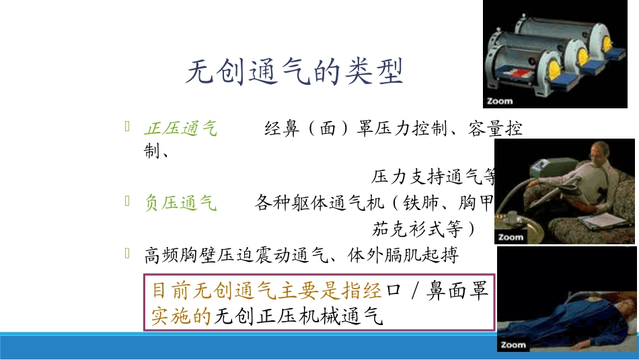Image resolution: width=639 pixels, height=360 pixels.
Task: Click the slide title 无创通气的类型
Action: coord(294,72)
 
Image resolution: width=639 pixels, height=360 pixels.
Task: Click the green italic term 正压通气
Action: coord(181,129)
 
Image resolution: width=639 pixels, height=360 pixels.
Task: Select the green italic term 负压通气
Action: coord(181,203)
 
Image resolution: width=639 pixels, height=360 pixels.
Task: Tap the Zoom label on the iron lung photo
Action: coord(500,102)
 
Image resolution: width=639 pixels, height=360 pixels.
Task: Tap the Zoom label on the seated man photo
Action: coord(511,237)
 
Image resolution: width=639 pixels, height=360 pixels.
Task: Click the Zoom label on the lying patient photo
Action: coord(513,345)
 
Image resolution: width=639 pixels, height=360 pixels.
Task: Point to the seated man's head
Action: coord(597,152)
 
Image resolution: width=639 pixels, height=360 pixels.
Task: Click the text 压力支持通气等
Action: coord(434,178)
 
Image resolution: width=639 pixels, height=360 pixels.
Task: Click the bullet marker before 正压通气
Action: coord(128,126)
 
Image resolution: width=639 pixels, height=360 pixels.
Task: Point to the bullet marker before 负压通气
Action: coord(128,200)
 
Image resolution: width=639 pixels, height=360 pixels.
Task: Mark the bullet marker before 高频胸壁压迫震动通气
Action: coord(128,254)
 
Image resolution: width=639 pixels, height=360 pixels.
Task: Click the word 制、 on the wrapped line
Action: coord(156,151)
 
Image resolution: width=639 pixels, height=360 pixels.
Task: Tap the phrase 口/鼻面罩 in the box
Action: coord(437,291)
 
